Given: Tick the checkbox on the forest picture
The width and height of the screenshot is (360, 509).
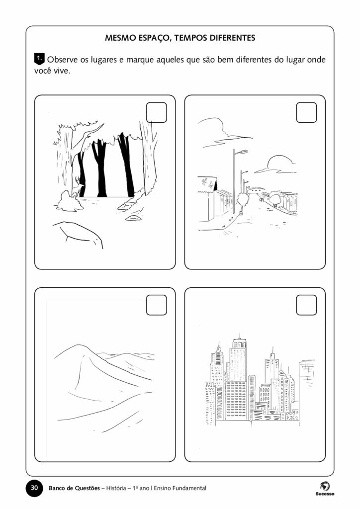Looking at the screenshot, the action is point(157,113).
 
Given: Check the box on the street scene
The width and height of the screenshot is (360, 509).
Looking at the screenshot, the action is point(306,113).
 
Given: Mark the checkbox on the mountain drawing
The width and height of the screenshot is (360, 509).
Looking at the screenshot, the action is point(157,305).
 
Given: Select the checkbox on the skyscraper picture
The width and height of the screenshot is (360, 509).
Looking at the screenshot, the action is point(306,305).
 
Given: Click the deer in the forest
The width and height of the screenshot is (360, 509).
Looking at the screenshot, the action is point(78,187).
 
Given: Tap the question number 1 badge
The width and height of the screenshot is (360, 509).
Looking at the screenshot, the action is point(39,59).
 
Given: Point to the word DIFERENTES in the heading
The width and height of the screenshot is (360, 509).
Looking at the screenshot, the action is point(232,38).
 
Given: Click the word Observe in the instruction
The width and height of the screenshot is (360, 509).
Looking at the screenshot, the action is point(62,60).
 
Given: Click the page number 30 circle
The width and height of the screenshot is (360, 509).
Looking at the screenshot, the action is point(34,488).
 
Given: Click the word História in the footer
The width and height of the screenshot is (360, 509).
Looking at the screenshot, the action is point(116,488).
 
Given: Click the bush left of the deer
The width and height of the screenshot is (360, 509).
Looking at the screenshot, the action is point(69,201).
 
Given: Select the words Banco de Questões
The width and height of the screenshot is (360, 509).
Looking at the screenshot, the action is point(75,488).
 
